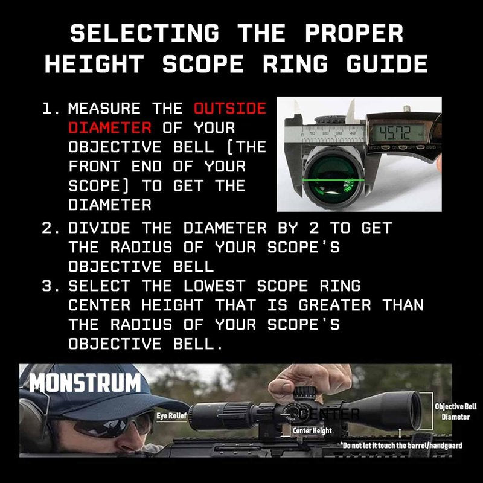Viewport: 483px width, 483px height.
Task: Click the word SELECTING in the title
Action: (x=145, y=33)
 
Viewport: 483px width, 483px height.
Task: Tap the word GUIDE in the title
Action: (x=387, y=64)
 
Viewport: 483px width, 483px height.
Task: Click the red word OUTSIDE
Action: (x=230, y=109)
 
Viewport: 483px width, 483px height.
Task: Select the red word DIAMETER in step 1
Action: (x=110, y=127)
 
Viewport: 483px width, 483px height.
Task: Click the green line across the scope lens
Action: (x=333, y=180)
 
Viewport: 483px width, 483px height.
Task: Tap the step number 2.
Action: (x=48, y=228)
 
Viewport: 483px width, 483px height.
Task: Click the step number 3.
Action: (x=48, y=286)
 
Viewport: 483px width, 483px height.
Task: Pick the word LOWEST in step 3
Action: (x=215, y=286)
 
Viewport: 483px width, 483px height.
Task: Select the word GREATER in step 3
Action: (x=335, y=305)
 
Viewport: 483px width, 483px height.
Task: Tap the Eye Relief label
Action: (x=171, y=415)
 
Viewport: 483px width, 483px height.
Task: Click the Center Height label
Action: (x=312, y=430)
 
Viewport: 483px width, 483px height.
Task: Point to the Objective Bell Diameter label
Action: (x=456, y=412)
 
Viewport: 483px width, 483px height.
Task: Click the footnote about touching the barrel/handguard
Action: (x=401, y=446)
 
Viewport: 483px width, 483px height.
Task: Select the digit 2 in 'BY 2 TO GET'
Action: (x=314, y=228)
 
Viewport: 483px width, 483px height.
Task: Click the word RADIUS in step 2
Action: (x=141, y=248)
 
